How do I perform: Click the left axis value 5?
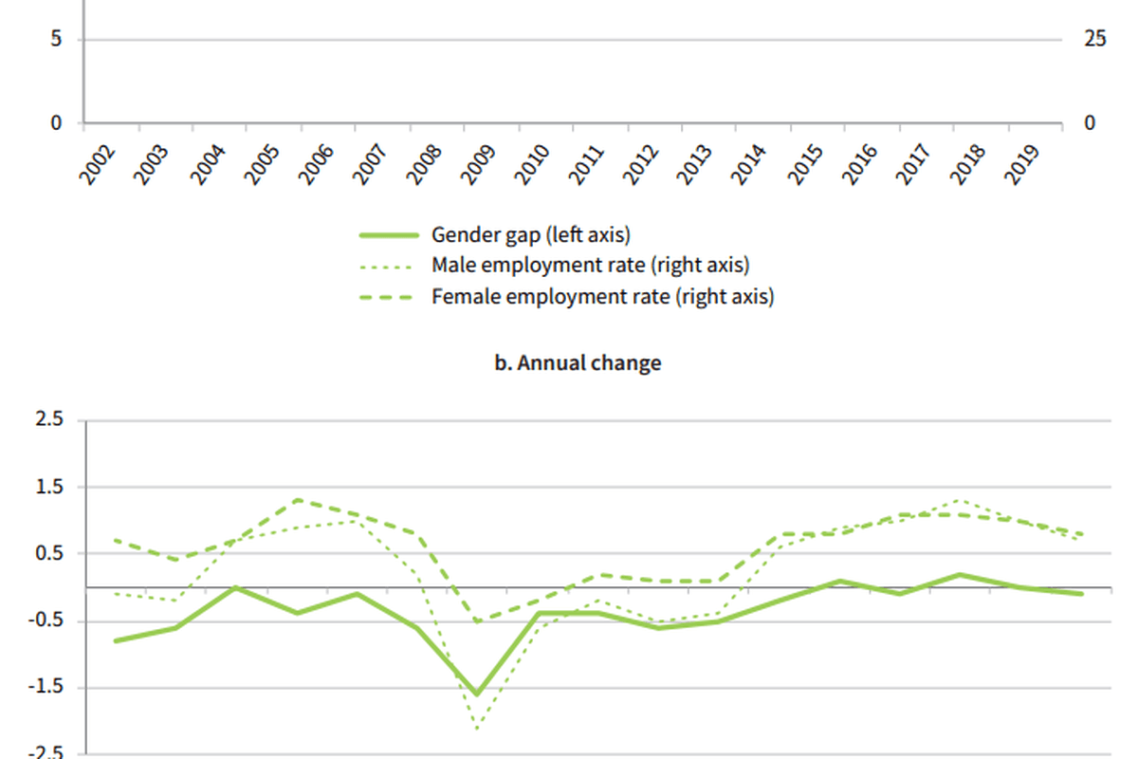click(x=57, y=39)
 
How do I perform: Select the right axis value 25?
click(x=1095, y=39)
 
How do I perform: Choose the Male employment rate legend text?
click(x=590, y=266)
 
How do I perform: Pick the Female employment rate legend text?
click(x=602, y=297)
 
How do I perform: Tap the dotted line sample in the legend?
click(x=388, y=266)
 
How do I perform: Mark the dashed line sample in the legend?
click(x=388, y=297)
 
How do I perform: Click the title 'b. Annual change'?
click(x=578, y=363)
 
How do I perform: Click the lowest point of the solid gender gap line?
click(x=477, y=694)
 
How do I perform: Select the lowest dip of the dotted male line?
click(x=477, y=729)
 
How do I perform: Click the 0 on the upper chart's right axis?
click(x=1090, y=122)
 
